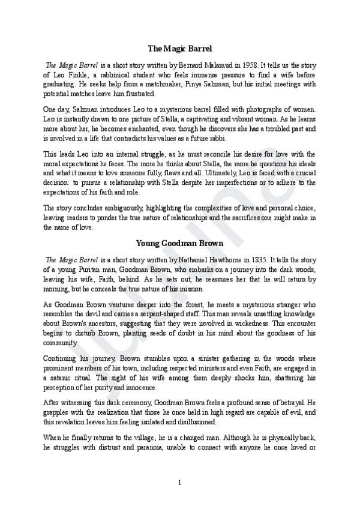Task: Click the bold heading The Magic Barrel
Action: [x=180, y=48]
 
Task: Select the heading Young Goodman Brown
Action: [x=180, y=243]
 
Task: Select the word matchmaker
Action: [x=184, y=84]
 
